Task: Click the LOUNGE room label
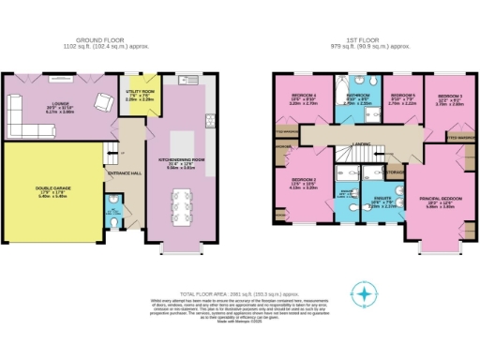click(46, 106)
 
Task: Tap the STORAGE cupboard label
click(395, 172)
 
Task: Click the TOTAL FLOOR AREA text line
click(240, 267)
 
